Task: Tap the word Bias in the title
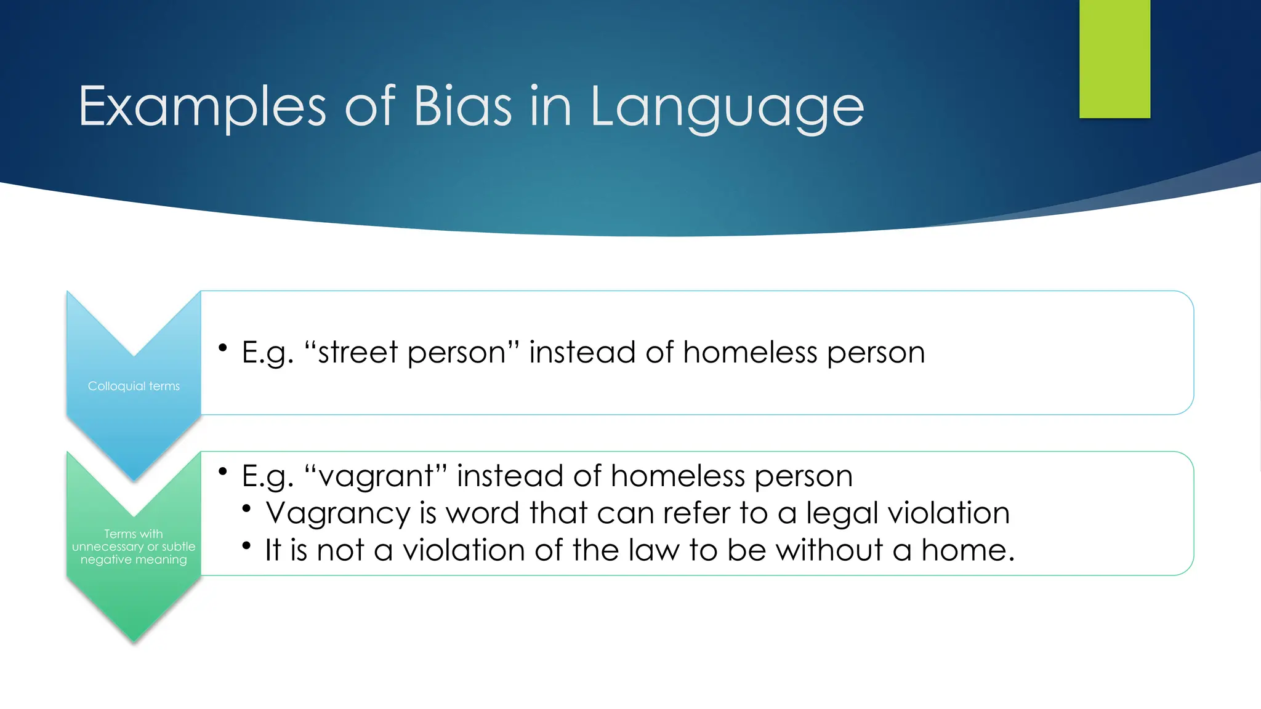(x=462, y=106)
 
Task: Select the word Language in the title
(x=727, y=108)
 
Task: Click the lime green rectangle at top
(x=1114, y=58)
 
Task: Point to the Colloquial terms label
(x=134, y=386)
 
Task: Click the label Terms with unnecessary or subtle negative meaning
(x=134, y=547)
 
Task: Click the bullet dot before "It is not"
(x=246, y=545)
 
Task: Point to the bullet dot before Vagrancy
(x=246, y=508)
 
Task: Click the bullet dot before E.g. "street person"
(x=223, y=348)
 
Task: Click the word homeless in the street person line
(x=750, y=353)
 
